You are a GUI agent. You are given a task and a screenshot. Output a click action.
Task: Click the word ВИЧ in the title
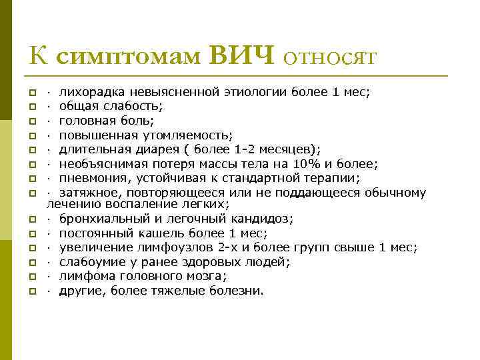(x=242, y=55)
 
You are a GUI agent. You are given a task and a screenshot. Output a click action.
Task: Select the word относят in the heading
(x=331, y=57)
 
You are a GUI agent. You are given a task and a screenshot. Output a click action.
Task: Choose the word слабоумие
(x=90, y=262)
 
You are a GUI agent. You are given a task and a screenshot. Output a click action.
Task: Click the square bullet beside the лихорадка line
(x=32, y=93)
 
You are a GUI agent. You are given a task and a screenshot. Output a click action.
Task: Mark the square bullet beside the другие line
(x=32, y=291)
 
